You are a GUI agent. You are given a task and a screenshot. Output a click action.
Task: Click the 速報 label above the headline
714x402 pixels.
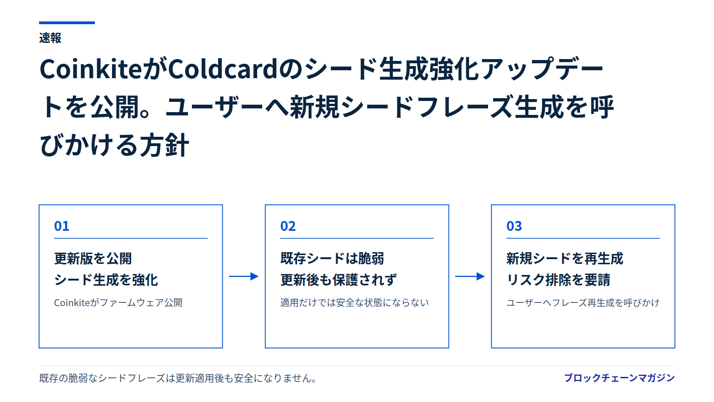pyautogui.click(x=50, y=38)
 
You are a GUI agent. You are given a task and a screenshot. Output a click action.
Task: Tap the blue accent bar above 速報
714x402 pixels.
pyautogui.click(x=67, y=23)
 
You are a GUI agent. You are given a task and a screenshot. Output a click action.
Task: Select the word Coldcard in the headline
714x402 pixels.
pyautogui.click(x=223, y=69)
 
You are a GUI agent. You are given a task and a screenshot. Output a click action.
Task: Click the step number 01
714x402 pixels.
pyautogui.click(x=61, y=226)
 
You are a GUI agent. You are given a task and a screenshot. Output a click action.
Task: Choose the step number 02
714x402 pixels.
pyautogui.click(x=288, y=226)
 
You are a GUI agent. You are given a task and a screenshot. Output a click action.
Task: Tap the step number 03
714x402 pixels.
pyautogui.click(x=514, y=226)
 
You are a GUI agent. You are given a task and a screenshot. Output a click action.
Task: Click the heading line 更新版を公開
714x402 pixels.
pyautogui.click(x=93, y=258)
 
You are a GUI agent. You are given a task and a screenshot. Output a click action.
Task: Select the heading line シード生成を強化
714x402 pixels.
pyautogui.click(x=106, y=280)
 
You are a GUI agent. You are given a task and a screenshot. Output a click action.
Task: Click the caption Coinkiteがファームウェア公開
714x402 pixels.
pyautogui.click(x=118, y=302)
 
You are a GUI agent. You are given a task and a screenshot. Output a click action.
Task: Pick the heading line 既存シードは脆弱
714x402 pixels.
pyautogui.click(x=332, y=258)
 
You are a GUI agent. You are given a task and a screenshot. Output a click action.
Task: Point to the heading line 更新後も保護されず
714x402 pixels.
pyautogui.click(x=338, y=280)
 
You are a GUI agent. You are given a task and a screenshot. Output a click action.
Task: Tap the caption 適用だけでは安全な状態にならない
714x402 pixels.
pyautogui.click(x=355, y=302)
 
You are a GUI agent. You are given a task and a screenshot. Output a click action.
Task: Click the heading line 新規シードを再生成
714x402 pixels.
pyautogui.click(x=565, y=258)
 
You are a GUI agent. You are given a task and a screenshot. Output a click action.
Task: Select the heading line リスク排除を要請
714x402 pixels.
pyautogui.click(x=558, y=280)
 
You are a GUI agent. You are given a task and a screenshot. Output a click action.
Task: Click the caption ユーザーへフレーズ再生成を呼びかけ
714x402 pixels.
pyautogui.click(x=583, y=302)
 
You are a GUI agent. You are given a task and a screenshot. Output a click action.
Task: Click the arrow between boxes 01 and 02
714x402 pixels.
pyautogui.click(x=244, y=276)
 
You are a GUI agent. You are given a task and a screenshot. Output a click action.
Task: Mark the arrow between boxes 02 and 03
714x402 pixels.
pyautogui.click(x=470, y=276)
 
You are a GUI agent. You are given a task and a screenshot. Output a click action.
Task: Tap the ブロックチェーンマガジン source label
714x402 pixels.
pyautogui.click(x=619, y=378)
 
